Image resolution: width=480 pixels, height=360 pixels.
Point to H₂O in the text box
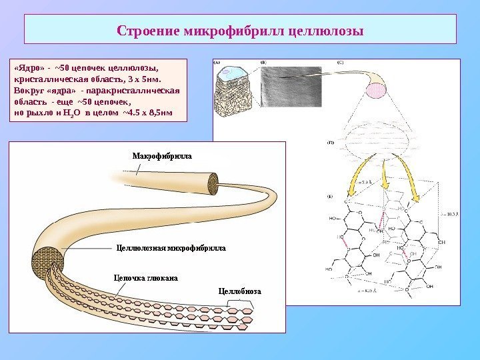(71, 113)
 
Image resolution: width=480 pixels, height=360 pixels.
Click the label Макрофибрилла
(162, 155)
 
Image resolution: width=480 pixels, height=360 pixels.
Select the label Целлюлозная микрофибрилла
(171, 247)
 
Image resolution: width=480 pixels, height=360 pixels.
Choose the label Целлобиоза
(240, 291)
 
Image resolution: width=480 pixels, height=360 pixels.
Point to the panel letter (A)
(217, 63)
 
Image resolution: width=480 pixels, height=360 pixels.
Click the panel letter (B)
(264, 63)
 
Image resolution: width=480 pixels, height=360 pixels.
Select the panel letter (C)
(341, 63)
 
